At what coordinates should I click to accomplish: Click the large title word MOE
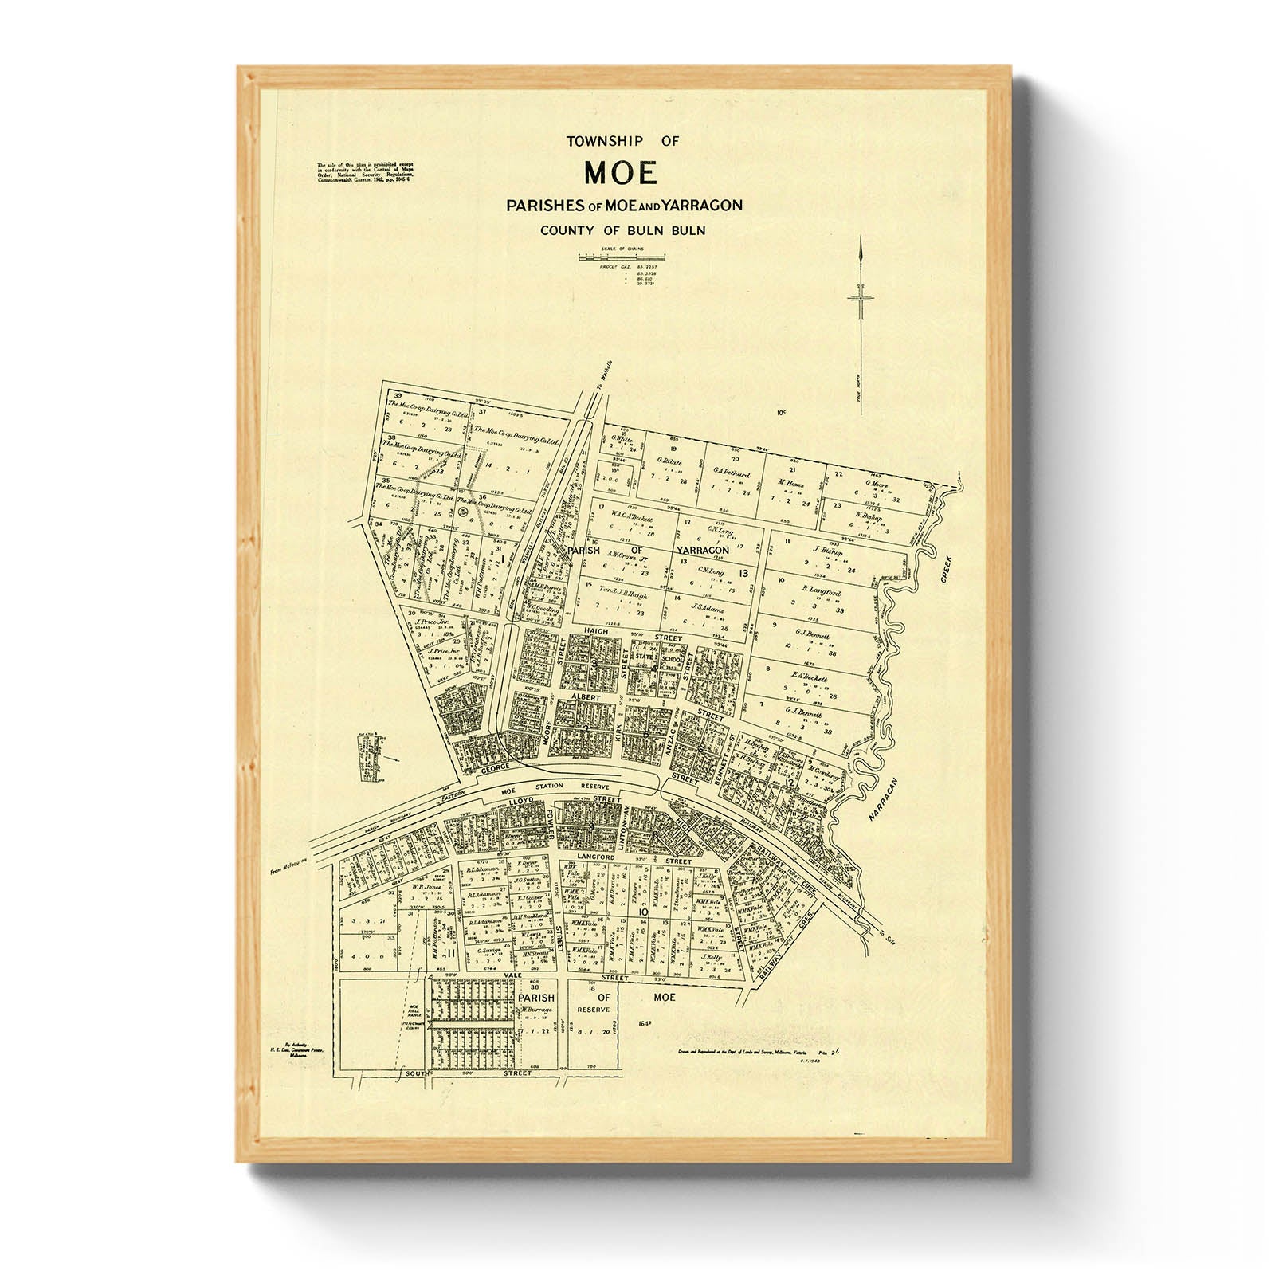pyautogui.click(x=621, y=172)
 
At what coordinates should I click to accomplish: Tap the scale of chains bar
pyautogui.click(x=622, y=257)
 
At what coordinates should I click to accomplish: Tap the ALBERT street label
pyautogui.click(x=584, y=696)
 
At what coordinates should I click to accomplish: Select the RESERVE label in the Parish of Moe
pyautogui.click(x=594, y=1009)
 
